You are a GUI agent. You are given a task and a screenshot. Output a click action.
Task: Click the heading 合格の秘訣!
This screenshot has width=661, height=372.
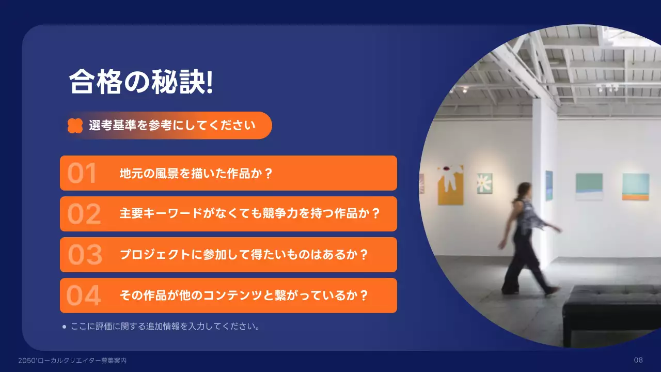[141, 82]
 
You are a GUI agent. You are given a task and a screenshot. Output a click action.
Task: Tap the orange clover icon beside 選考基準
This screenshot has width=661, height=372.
[75, 126]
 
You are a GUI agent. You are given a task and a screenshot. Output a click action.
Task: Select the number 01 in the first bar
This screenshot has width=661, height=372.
[82, 174]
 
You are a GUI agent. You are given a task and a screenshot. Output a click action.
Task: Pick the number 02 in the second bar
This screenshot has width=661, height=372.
[84, 214]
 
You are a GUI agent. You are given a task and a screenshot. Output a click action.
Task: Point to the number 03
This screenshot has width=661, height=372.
[85, 255]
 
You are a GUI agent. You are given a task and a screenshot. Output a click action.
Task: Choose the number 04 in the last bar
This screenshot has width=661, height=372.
[84, 296]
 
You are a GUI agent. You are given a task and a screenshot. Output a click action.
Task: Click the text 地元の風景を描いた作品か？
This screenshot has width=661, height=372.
[196, 174]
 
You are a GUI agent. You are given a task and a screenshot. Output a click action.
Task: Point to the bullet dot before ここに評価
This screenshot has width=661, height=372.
[64, 327]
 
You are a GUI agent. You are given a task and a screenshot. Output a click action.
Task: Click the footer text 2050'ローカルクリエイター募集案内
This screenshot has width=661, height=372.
[72, 361]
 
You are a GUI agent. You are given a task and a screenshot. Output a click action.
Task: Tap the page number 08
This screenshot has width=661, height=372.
[638, 360]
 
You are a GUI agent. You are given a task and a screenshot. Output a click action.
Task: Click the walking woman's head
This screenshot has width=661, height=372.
[524, 189]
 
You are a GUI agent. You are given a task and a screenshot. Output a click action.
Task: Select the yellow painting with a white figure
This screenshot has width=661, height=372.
[450, 185]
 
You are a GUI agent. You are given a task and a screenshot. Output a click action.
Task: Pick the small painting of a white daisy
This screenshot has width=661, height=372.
[484, 183]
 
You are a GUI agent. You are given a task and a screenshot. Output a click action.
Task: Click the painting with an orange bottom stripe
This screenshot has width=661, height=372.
[635, 187]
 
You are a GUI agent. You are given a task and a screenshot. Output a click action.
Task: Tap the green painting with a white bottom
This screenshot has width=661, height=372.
[589, 187]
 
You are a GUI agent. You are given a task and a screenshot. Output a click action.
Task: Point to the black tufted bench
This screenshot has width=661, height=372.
[612, 310]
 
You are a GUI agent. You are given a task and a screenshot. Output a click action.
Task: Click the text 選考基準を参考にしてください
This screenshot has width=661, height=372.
[172, 126]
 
